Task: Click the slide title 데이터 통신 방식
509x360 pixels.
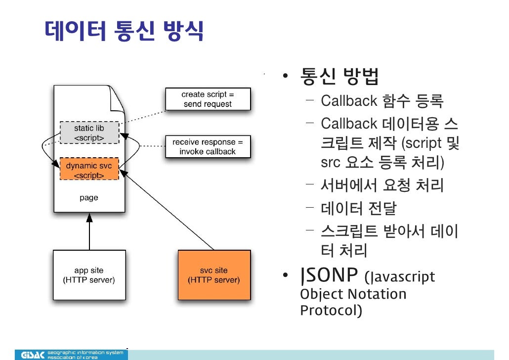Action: click(124, 31)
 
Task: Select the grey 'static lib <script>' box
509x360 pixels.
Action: click(89, 133)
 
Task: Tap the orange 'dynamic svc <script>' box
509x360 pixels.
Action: click(89, 169)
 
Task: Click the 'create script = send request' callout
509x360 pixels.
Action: click(208, 99)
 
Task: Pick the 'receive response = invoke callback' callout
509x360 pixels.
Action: click(208, 147)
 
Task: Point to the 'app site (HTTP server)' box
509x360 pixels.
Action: click(89, 275)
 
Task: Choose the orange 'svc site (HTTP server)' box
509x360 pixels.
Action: click(214, 275)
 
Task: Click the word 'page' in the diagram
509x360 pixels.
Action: click(89, 198)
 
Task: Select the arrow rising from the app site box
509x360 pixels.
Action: click(89, 232)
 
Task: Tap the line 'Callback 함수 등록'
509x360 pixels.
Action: click(382, 102)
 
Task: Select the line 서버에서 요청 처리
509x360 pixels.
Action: click(382, 186)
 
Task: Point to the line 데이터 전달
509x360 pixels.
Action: click(358, 209)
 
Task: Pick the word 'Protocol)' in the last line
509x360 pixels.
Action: click(331, 311)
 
